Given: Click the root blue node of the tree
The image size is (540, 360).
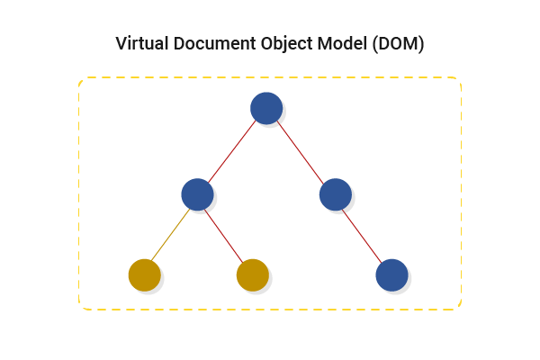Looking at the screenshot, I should (266, 108).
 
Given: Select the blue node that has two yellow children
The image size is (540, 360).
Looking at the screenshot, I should (196, 193).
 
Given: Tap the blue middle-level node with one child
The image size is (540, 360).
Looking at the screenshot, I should (334, 193).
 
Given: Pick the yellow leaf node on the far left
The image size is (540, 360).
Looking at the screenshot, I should (144, 275).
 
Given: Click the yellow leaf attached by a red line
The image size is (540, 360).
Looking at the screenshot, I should (252, 275).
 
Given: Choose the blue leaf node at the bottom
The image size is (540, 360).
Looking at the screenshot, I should (391, 274).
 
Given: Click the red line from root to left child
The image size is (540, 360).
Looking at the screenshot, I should (232, 150).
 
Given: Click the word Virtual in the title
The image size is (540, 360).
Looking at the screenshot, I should (141, 43).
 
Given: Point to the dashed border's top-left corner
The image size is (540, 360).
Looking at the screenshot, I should (82, 80).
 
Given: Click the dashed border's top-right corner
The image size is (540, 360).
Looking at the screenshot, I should (459, 80).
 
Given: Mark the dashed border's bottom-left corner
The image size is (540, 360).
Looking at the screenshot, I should (82, 307).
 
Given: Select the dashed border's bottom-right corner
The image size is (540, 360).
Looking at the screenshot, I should (459, 307).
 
